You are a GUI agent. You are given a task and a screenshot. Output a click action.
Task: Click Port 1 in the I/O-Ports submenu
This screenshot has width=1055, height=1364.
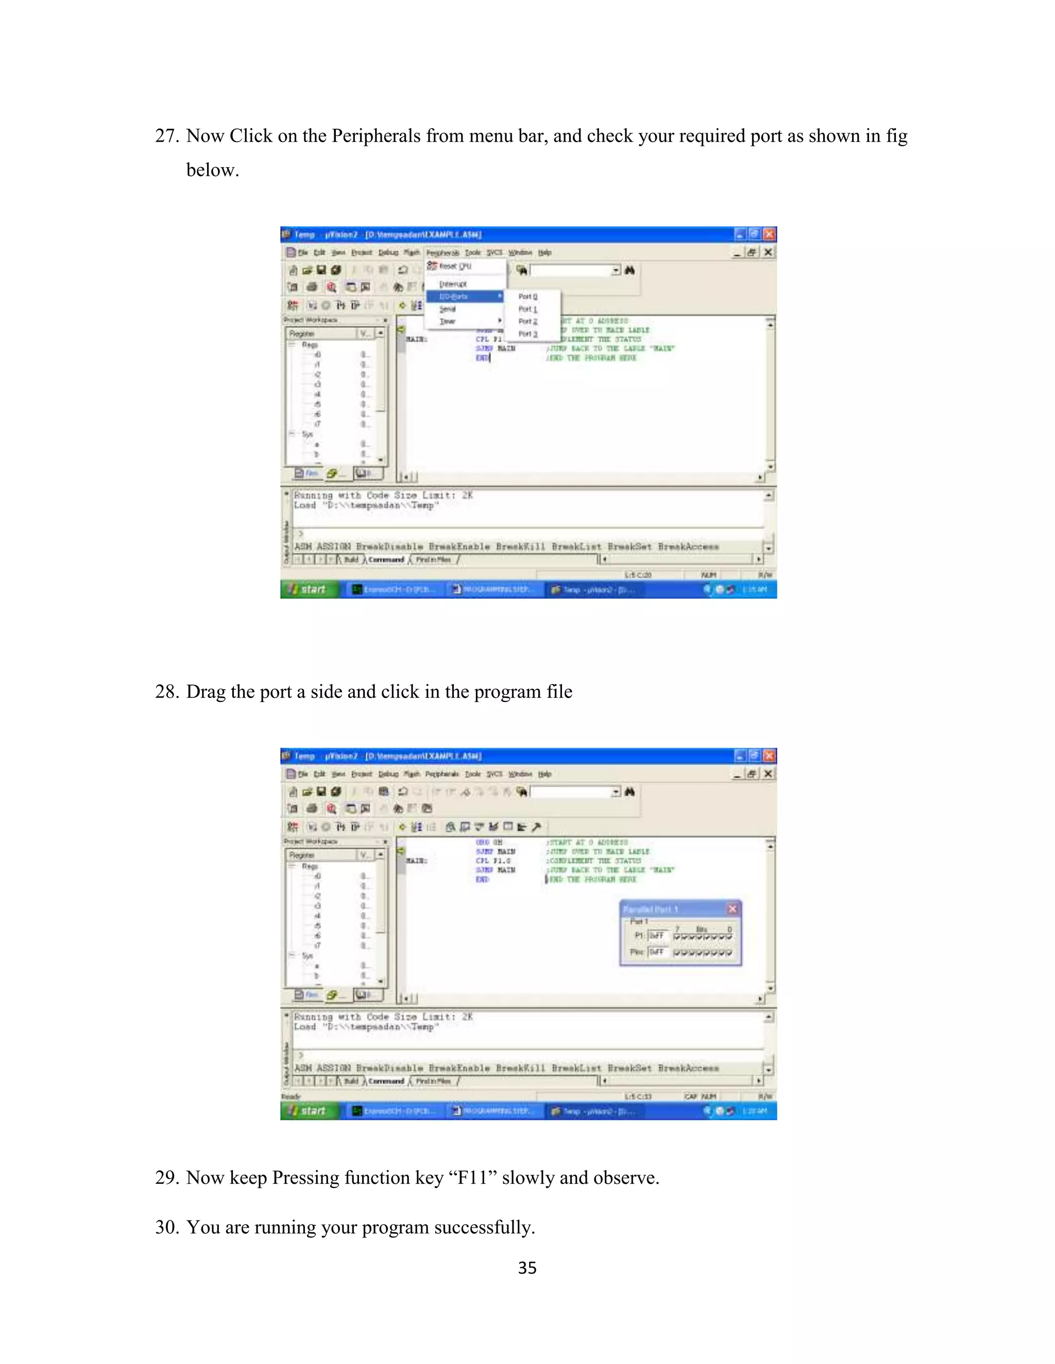tap(527, 309)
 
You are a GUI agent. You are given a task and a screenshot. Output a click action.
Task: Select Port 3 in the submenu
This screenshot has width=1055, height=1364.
tap(527, 334)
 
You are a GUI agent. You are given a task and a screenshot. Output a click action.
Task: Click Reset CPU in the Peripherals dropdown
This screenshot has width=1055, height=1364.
tap(455, 266)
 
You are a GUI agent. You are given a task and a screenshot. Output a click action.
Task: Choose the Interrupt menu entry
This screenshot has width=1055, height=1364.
tap(453, 284)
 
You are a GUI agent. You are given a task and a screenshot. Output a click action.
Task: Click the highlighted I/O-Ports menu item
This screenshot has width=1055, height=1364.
tap(454, 296)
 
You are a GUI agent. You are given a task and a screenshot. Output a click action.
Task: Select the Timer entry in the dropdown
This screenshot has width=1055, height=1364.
tap(448, 322)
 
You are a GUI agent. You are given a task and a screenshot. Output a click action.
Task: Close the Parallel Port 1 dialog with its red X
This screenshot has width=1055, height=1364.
tap(733, 908)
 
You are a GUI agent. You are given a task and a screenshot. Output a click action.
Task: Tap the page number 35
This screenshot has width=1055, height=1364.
tap(527, 1268)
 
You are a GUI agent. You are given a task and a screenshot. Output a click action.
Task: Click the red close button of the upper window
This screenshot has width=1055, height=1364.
tap(770, 234)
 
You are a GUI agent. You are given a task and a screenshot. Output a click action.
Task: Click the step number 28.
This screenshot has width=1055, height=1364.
tap(167, 692)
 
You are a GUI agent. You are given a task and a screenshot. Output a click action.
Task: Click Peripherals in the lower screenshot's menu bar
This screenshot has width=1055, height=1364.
tap(442, 775)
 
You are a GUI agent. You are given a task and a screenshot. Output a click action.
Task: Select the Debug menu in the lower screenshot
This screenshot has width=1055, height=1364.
tap(388, 775)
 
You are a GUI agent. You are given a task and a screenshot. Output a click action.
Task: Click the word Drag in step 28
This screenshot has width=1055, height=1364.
tap(206, 692)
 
